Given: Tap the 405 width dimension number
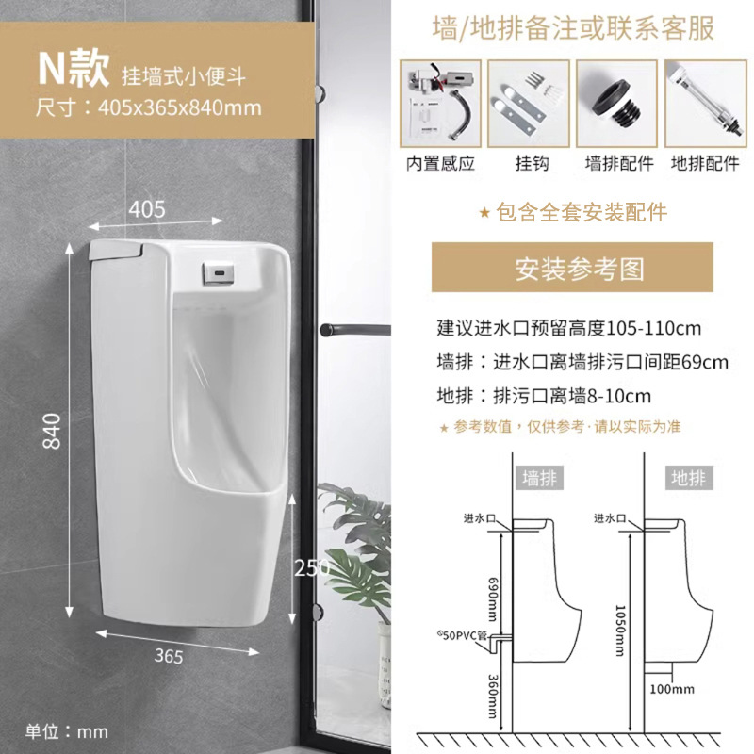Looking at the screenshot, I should point(147,208).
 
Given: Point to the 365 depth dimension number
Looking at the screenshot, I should point(170,656).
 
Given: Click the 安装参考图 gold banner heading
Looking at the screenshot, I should point(580,269).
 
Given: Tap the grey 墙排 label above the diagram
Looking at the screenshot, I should point(541,478).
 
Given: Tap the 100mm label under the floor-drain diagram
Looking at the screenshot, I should point(671,689).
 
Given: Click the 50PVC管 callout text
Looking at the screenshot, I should point(462,635).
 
